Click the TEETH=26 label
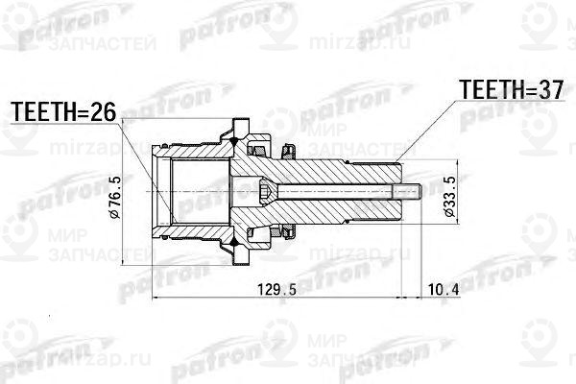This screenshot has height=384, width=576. [x=62, y=112]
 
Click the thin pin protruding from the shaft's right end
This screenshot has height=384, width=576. [x=414, y=192]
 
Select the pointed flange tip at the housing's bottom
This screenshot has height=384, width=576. [x=236, y=261]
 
